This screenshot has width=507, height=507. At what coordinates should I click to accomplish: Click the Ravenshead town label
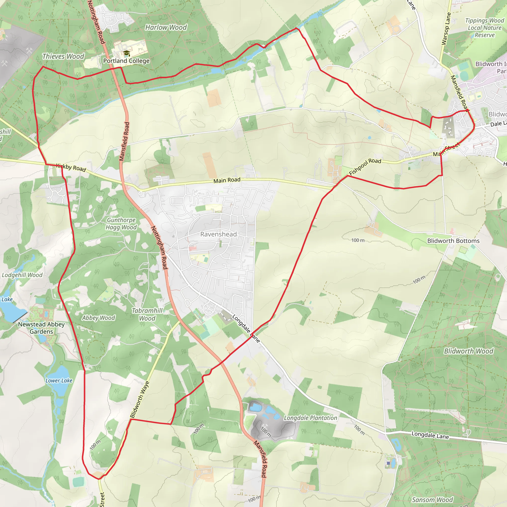tap(218, 234)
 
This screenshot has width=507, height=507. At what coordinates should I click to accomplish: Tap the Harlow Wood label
tap(166, 27)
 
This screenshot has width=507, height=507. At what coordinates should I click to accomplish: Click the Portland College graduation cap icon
tap(127, 53)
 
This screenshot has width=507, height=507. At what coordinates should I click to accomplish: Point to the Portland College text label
tap(126, 61)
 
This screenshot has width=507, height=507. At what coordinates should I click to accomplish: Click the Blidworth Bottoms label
tap(453, 241)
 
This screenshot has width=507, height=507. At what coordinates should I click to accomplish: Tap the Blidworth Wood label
tap(468, 351)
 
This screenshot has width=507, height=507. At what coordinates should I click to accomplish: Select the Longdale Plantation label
tap(310, 418)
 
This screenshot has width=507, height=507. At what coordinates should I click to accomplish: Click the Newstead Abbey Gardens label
tap(41, 328)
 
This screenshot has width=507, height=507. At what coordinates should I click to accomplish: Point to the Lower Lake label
tap(59, 380)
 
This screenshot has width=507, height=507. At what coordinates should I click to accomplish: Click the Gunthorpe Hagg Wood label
tap(121, 224)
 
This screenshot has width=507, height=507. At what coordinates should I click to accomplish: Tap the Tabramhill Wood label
tap(147, 314)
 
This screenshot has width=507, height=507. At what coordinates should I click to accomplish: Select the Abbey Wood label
tap(99, 318)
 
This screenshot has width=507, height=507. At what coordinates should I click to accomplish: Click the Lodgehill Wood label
tap(22, 275)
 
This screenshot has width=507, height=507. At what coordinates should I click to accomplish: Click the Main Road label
tap(227, 180)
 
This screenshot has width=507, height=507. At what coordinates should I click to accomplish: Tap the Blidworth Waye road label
tap(140, 399)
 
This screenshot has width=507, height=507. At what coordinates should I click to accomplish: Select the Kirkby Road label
tap(71, 167)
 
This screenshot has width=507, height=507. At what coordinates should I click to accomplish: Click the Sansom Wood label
tap(432, 500)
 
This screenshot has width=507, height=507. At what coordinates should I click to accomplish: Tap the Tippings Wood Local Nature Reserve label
tap(484, 28)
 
